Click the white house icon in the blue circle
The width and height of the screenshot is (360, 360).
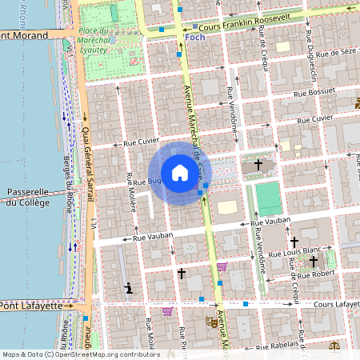179,172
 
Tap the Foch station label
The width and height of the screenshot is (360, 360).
194,37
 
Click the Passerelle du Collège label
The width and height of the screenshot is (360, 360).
28,197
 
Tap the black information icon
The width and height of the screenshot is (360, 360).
128,287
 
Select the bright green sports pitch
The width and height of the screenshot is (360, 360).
269,198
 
